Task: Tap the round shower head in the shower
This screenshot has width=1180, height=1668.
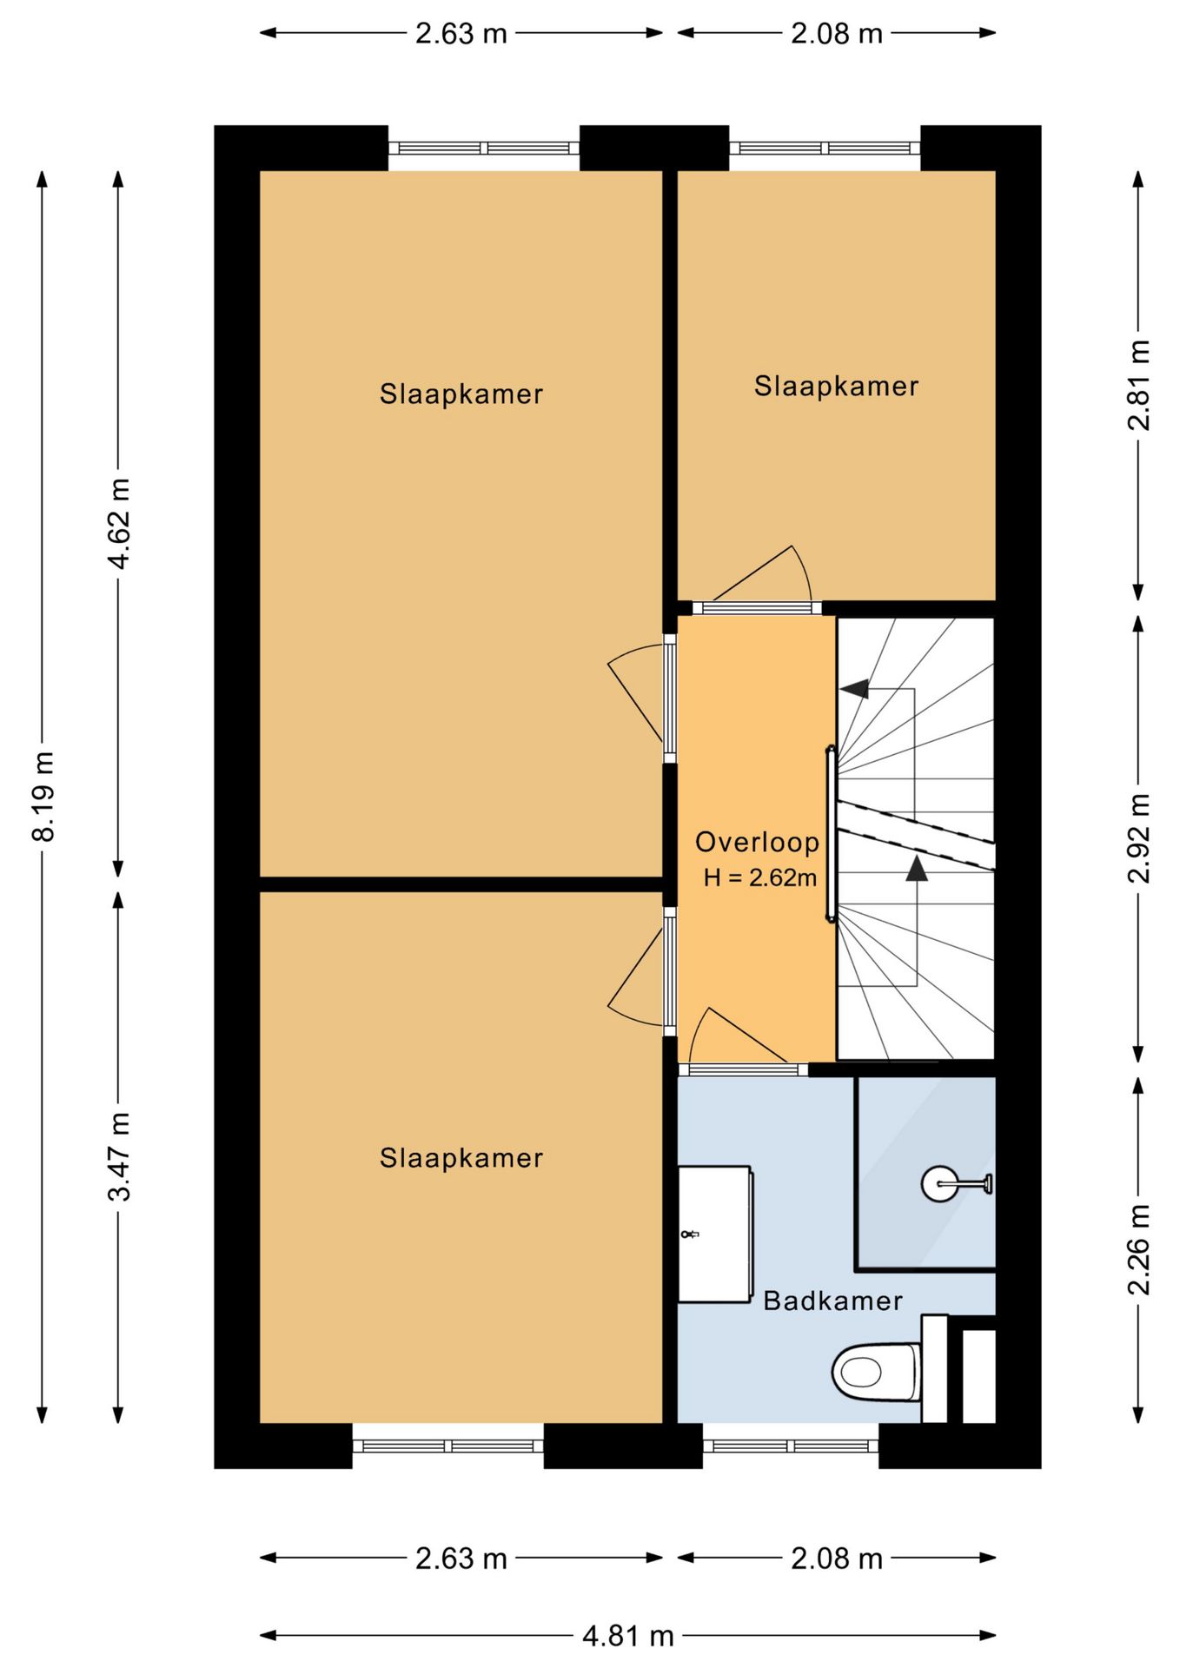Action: click(x=938, y=1183)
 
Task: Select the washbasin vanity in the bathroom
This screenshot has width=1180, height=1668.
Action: click(x=714, y=1234)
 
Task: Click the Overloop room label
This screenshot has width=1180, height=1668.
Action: click(x=757, y=842)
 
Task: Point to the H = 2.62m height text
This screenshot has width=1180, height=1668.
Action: click(x=759, y=877)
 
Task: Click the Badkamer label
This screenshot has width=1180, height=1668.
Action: click(x=832, y=1301)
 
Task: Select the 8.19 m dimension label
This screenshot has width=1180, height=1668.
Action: click(x=43, y=797)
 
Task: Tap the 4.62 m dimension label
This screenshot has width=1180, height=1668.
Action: click(x=119, y=524)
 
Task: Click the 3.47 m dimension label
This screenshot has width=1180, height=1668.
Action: click(x=119, y=1156)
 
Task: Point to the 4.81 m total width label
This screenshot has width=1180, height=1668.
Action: click(x=628, y=1636)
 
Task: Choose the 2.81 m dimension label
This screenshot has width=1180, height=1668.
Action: click(x=1138, y=385)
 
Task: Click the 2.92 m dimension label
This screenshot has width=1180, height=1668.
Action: click(x=1138, y=838)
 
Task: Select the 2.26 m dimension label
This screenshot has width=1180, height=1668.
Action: click(x=1138, y=1250)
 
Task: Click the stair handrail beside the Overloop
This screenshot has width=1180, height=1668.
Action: click(x=831, y=834)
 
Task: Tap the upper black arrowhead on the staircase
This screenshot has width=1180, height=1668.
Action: click(x=854, y=688)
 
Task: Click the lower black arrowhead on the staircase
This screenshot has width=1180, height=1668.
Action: click(x=917, y=867)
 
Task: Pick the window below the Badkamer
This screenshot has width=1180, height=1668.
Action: click(x=791, y=1446)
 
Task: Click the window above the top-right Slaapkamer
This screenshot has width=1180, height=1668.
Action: click(x=825, y=149)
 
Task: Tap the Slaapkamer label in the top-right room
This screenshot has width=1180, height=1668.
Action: click(x=836, y=386)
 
